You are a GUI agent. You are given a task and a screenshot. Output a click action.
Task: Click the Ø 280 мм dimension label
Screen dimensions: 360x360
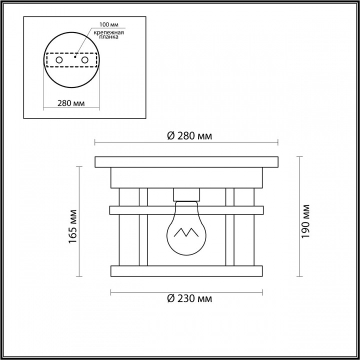[187, 135]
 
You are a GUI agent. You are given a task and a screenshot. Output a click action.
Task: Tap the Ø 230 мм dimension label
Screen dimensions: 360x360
[187, 299]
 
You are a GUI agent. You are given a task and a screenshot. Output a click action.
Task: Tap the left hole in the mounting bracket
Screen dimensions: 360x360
[59, 60]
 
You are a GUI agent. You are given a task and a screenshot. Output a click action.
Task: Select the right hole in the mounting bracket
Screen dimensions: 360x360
[85, 60]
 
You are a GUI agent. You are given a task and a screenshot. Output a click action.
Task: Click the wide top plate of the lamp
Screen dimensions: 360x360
[186, 162]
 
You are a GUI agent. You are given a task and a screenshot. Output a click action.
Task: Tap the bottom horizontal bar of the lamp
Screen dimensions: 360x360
[186, 270]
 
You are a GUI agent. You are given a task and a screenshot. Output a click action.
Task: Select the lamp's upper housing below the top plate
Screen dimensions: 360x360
[186, 176]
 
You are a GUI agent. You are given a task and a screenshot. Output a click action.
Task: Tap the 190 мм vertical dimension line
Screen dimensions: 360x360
[299, 216]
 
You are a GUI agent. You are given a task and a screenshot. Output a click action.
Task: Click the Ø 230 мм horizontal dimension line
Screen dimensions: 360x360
[186, 291]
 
